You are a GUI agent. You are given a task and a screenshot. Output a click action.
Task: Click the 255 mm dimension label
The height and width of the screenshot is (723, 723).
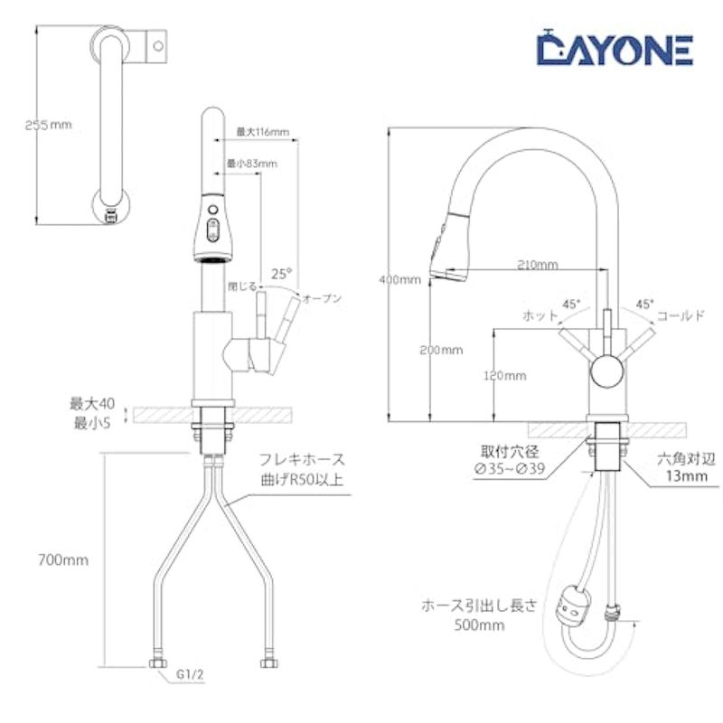point(49,125)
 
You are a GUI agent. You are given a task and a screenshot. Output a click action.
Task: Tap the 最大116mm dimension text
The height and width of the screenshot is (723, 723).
point(263,132)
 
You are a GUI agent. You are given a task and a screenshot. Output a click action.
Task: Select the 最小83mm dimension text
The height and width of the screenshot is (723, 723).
point(252,164)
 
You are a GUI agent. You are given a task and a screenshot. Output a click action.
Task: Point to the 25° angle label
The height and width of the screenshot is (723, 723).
point(281,274)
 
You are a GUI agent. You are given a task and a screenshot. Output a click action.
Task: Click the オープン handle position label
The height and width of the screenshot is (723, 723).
point(322,298)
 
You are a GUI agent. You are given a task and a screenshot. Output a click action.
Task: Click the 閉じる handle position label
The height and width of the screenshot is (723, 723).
point(242,286)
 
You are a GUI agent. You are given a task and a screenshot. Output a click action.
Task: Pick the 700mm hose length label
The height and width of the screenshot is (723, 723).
point(63,560)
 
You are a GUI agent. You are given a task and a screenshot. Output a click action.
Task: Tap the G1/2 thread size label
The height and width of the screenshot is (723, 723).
point(190,674)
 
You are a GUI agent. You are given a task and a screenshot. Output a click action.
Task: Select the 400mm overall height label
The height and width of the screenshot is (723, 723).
point(399,280)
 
